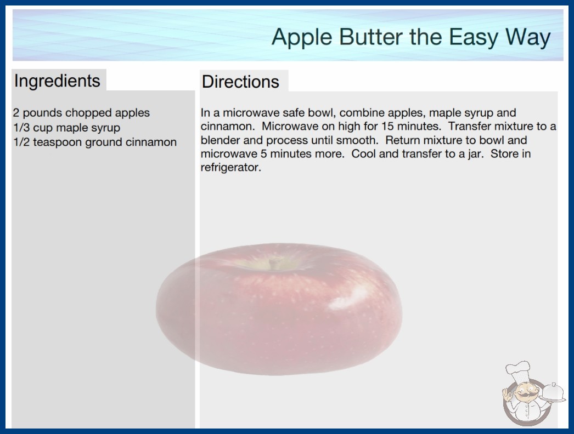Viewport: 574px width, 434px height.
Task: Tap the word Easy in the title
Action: point(474,37)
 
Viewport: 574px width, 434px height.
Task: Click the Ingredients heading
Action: point(57,81)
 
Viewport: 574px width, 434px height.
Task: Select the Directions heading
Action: point(240,82)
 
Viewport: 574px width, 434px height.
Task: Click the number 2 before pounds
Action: point(16,113)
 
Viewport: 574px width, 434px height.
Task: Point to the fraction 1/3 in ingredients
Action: point(21,128)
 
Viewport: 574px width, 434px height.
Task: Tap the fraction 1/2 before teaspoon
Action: point(21,142)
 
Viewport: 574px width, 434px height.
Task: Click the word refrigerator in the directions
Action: point(230,168)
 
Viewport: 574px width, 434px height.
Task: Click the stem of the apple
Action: point(273,263)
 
